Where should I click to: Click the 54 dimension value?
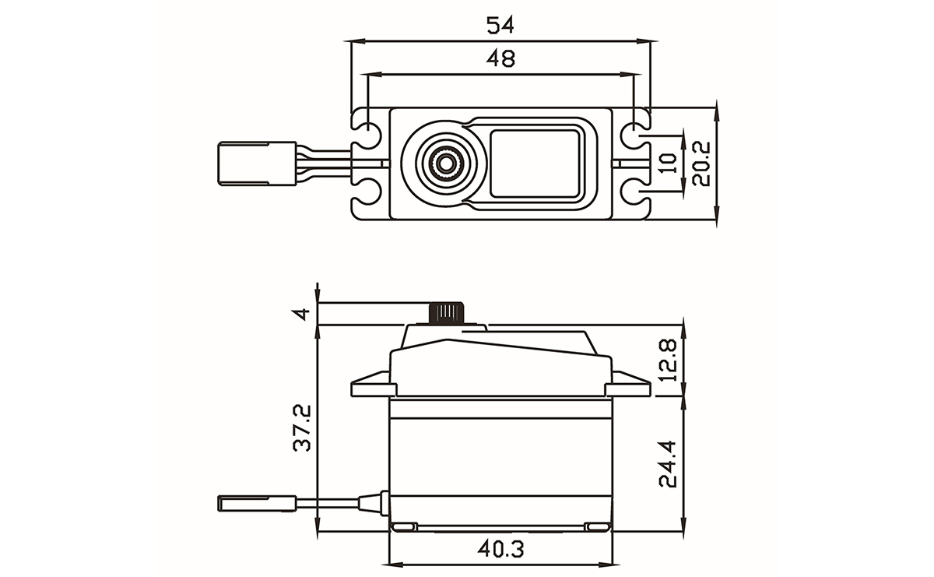click(500, 25)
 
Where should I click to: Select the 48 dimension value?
click(500, 58)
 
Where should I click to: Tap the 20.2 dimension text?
click(701, 164)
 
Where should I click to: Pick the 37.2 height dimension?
click(302, 427)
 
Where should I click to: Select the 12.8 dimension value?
click(668, 360)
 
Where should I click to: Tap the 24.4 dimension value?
click(668, 464)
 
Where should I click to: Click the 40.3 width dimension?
click(500, 549)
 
